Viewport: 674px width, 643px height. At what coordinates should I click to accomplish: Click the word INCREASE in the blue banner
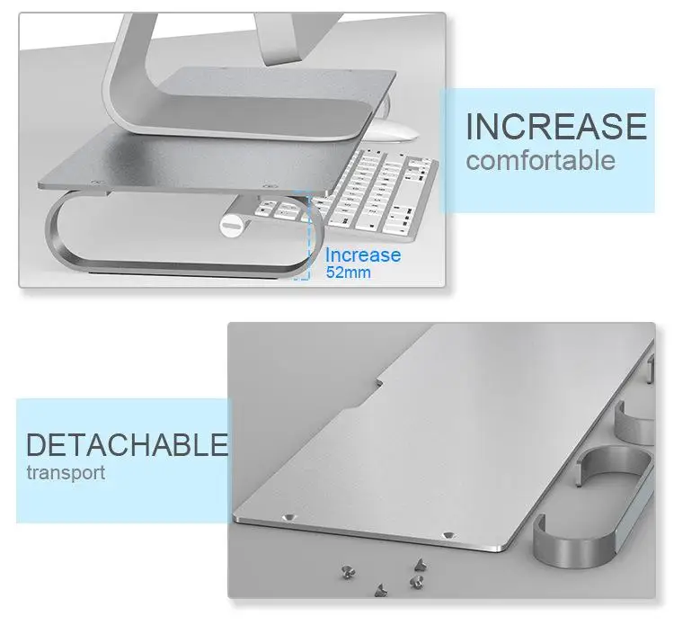(555, 126)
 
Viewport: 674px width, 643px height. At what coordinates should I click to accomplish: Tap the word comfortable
(541, 160)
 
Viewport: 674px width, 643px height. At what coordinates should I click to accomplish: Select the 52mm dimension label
(348, 272)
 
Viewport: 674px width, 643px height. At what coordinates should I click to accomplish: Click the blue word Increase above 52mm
(363, 255)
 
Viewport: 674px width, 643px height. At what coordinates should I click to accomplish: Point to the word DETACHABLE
(128, 445)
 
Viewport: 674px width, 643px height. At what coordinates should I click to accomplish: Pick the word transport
(66, 473)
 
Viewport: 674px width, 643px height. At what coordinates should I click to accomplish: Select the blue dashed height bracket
(302, 235)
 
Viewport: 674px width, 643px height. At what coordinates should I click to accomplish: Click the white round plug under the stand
(231, 226)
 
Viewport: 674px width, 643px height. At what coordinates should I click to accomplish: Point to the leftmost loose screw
(347, 573)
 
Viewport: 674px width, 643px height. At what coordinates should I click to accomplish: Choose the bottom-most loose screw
(380, 591)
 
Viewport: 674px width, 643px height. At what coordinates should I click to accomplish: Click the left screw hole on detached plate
(288, 516)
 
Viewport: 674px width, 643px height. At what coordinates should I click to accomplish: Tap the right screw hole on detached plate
(448, 535)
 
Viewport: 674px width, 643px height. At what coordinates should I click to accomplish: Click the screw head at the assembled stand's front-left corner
(98, 183)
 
